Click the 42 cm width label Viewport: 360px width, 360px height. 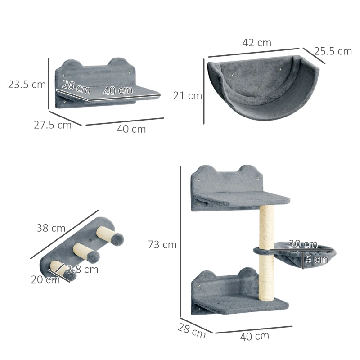257,43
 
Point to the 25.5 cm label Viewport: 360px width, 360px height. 333,51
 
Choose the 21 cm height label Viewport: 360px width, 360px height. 188,95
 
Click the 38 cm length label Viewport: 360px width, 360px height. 51,228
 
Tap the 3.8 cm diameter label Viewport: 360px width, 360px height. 82,270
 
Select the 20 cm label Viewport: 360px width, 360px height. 45,280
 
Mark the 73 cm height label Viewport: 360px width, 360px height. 162,245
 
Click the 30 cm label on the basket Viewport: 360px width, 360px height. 303,244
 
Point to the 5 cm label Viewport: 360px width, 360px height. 317,260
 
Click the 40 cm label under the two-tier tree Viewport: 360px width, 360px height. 255,336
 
